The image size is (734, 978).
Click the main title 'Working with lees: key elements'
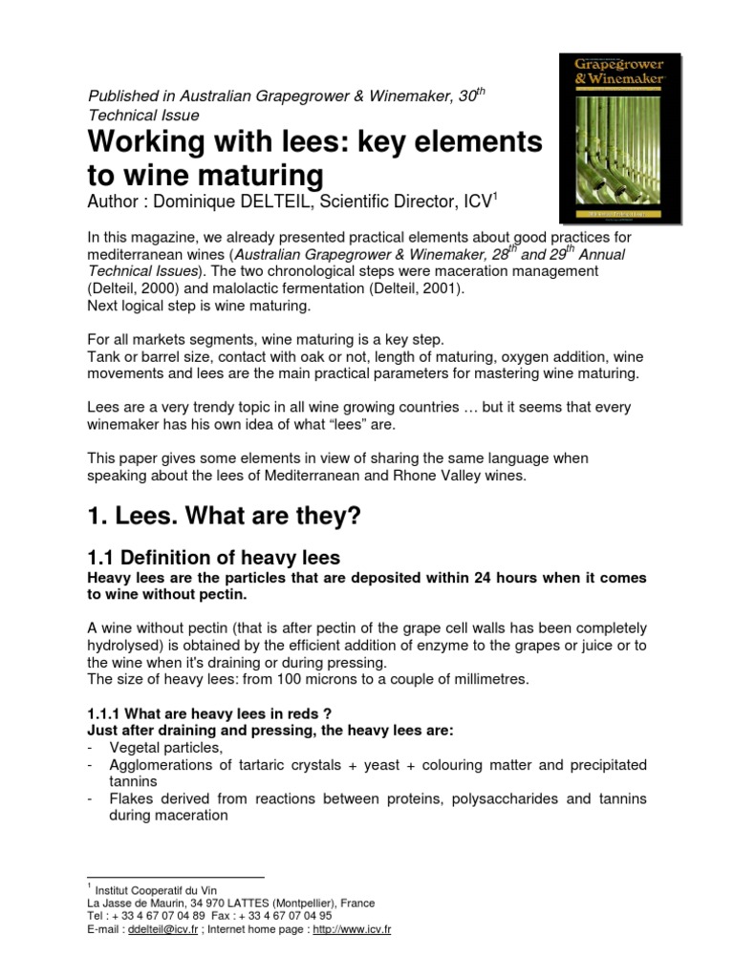tap(315, 141)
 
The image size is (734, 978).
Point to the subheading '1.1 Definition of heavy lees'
tap(214, 558)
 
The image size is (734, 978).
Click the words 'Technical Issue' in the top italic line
tap(143, 115)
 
